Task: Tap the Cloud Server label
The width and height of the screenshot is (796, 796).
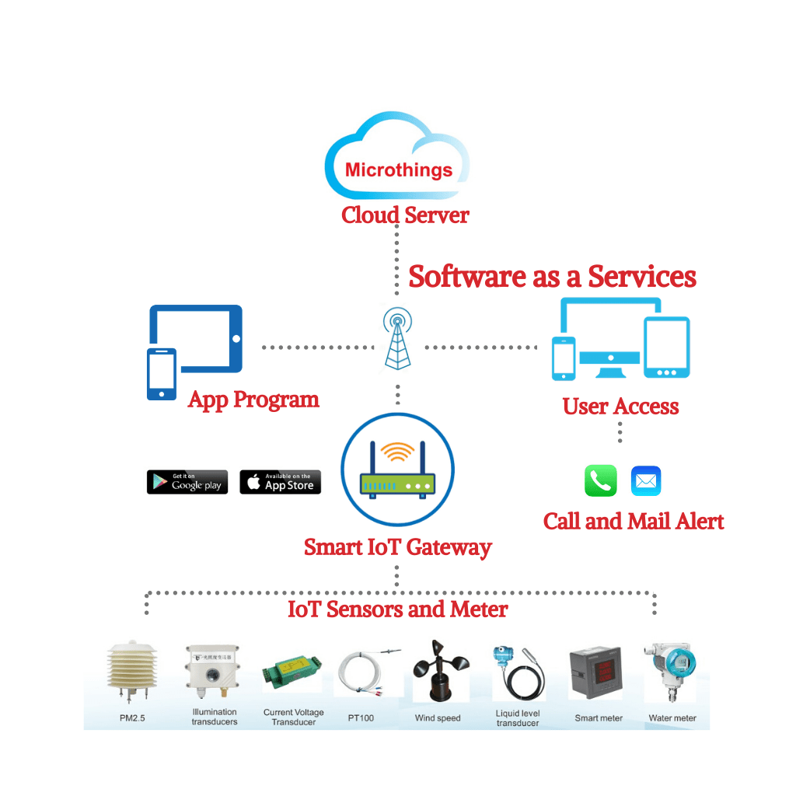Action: point(405,215)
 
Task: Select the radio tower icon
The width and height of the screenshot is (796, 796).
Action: point(397,338)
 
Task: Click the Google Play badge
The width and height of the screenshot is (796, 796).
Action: point(187,482)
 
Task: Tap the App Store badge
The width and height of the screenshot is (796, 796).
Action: point(280,482)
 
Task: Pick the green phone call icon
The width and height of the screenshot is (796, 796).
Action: point(600,481)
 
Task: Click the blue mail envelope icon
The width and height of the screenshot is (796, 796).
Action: point(645,481)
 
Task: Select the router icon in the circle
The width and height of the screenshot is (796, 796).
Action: point(397,471)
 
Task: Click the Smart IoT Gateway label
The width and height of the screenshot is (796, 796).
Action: point(397,546)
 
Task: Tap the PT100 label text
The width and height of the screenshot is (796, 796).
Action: point(361,717)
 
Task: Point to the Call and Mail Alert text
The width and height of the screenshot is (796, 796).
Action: point(634,521)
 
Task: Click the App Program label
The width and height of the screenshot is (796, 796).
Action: point(253,400)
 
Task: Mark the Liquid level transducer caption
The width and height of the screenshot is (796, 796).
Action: point(517,717)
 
